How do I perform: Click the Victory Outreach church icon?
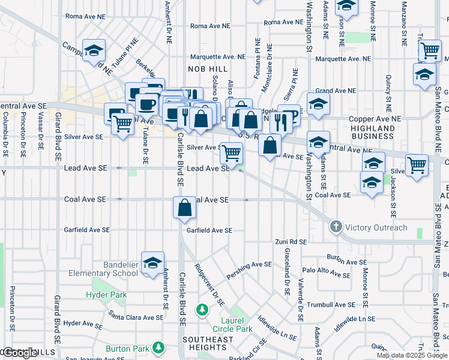(336, 227)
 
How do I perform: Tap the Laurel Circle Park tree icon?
(202, 310)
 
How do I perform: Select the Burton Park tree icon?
(158, 348)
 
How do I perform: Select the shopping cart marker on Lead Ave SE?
(231, 153)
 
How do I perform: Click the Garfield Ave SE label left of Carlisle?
(88, 230)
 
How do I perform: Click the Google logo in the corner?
(20, 353)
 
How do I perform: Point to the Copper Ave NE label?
(375, 119)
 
